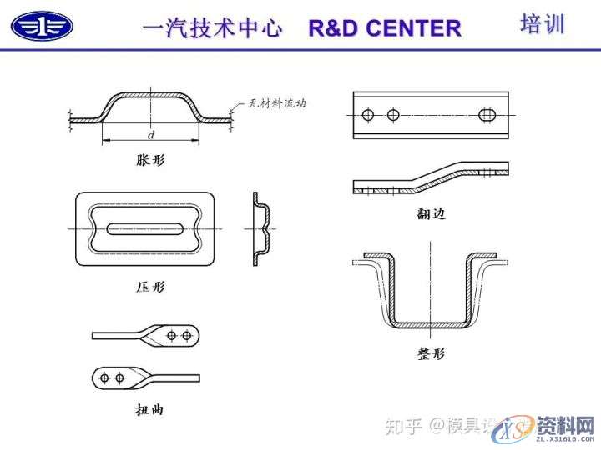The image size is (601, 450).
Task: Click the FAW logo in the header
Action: pyautogui.click(x=42, y=26)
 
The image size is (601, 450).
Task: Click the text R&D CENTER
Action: pyautogui.click(x=384, y=27)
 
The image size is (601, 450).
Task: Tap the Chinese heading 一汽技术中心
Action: pyautogui.click(x=213, y=27)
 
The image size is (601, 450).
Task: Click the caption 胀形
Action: pyautogui.click(x=150, y=161)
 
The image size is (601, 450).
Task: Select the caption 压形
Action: pyautogui.click(x=150, y=287)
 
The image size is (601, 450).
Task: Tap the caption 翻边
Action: pyautogui.click(x=431, y=214)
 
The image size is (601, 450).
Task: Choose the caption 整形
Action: pyautogui.click(x=431, y=353)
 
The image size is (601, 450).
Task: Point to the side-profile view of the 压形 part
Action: pyautogui.click(x=260, y=229)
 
